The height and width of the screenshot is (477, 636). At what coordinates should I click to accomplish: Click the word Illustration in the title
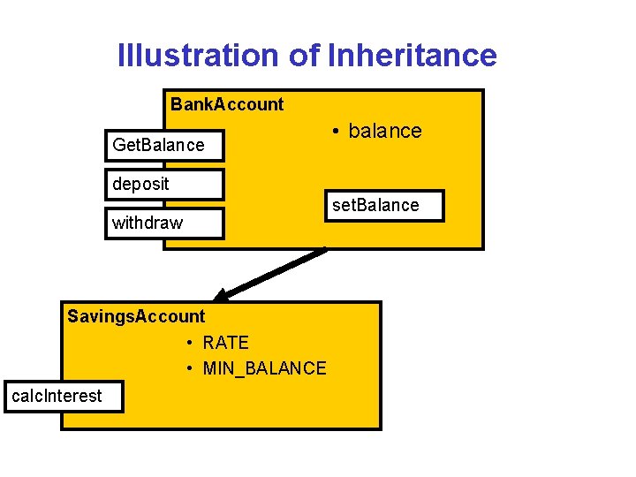tap(200, 56)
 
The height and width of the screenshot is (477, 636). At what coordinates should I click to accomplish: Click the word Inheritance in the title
tap(412, 56)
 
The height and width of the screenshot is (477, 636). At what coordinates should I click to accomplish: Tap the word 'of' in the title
tap(305, 56)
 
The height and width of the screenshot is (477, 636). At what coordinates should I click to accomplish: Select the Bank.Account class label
tap(227, 104)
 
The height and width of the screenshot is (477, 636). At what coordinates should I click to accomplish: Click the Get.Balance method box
tap(165, 145)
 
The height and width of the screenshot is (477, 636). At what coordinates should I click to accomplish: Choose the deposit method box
tap(165, 184)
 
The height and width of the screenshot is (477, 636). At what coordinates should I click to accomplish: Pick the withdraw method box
tap(165, 223)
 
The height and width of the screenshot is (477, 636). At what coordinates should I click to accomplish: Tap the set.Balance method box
tap(383, 205)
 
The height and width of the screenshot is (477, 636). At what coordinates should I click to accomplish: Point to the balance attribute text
tap(385, 131)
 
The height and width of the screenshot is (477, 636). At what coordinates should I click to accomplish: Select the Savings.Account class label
tap(136, 316)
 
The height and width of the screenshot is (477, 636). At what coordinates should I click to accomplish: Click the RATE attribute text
tap(226, 343)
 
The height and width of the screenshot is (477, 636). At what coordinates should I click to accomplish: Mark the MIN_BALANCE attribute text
tap(264, 368)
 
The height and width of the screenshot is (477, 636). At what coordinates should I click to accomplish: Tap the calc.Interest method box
tap(62, 397)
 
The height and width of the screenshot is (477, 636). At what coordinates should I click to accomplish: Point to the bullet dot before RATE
tap(191, 344)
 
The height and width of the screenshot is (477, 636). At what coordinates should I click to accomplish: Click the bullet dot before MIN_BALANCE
tap(191, 369)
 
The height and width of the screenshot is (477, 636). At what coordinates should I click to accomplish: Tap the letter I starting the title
tap(121, 56)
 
